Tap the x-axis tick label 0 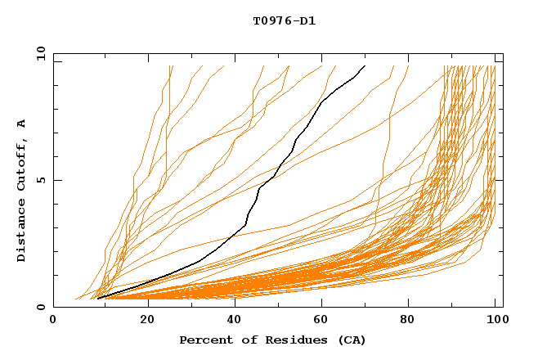(x=53, y=321)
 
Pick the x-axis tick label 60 (x=324, y=321)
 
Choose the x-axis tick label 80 (x=412, y=321)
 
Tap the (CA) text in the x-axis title (x=336, y=340)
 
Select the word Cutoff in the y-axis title (x=21, y=165)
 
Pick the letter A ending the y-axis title (x=21, y=124)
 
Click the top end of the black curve (x=365, y=65)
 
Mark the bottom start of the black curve (x=98, y=298)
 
